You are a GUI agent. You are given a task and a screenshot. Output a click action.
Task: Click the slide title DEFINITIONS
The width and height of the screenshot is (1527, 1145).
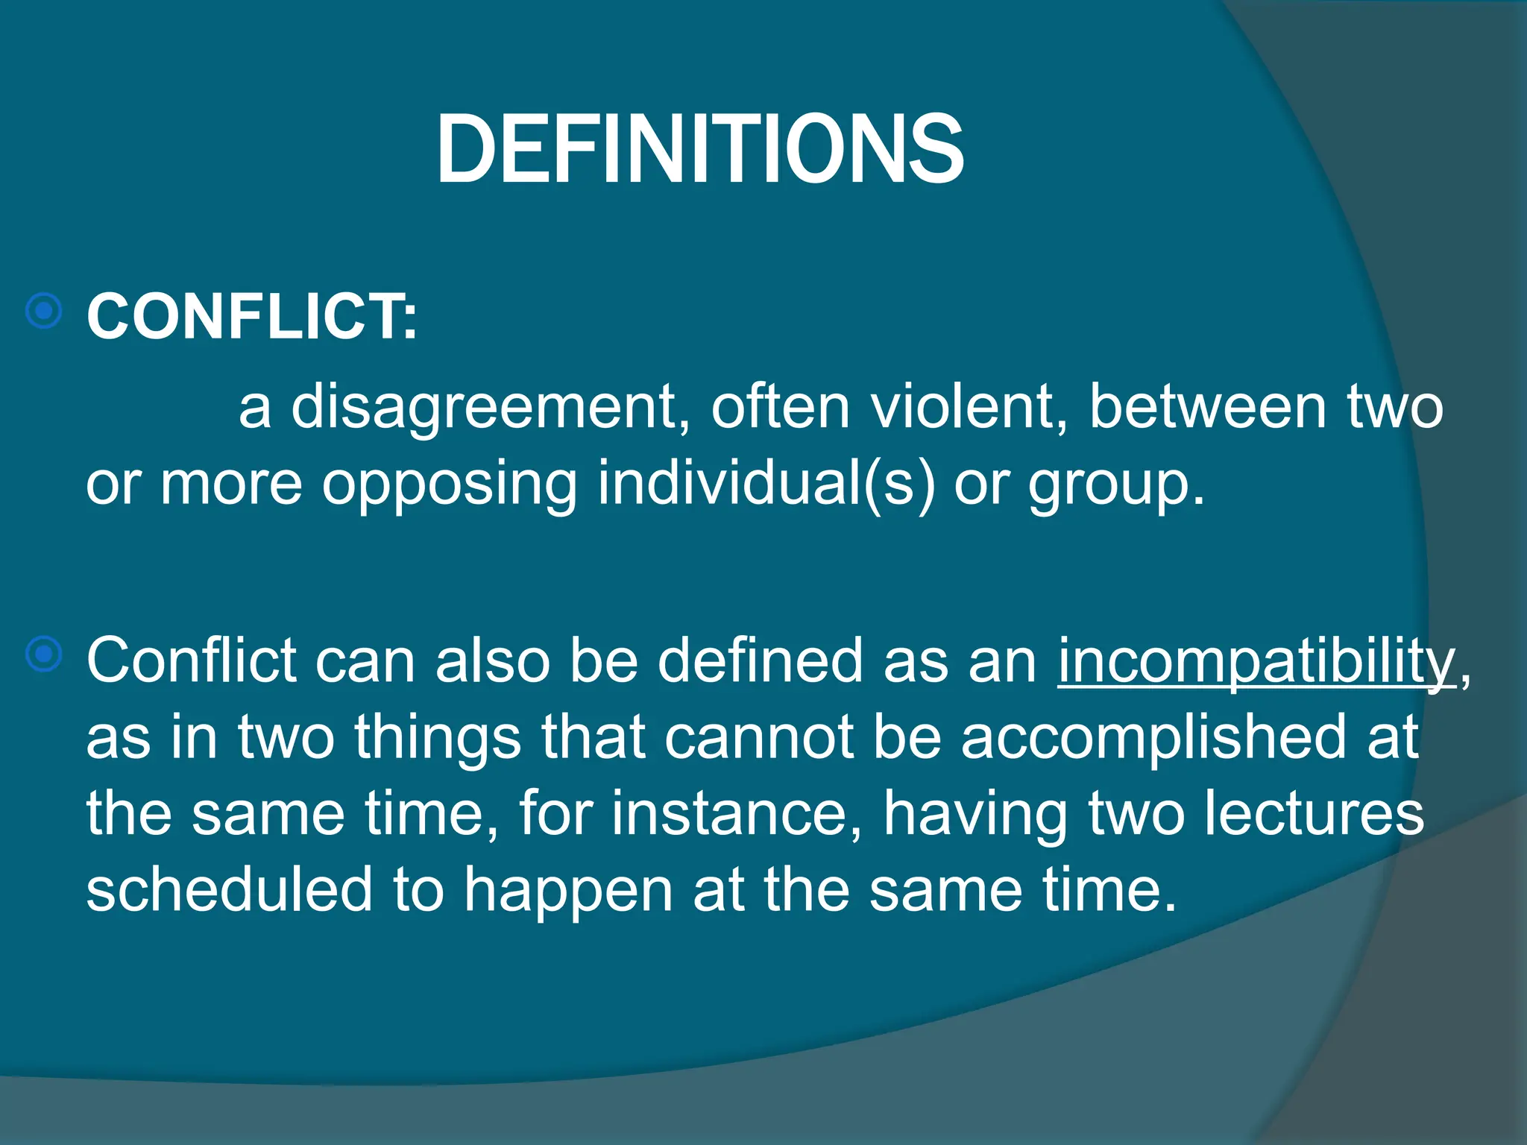(x=699, y=149)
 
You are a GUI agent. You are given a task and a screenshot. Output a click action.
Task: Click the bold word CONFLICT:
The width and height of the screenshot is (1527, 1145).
(x=252, y=317)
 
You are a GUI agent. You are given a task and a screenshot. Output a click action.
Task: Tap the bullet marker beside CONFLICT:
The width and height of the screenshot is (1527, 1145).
(x=44, y=310)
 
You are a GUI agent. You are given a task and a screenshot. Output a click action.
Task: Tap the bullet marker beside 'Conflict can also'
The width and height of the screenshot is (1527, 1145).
(x=44, y=654)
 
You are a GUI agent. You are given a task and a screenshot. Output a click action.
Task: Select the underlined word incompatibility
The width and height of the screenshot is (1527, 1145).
(x=1256, y=662)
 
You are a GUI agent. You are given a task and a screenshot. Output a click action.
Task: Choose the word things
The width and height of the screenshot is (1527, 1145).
(x=437, y=738)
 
